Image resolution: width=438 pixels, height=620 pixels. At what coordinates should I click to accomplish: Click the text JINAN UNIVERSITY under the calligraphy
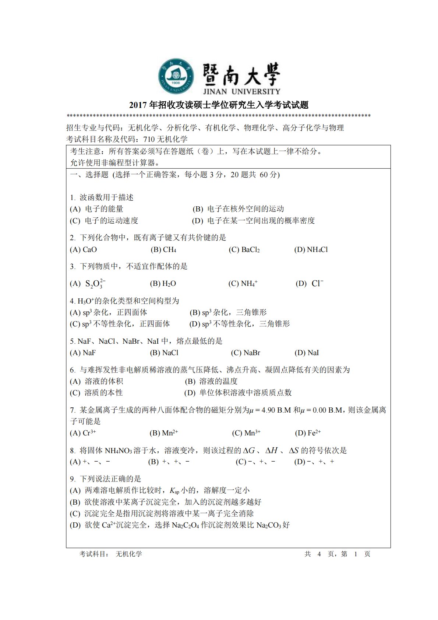click(241, 91)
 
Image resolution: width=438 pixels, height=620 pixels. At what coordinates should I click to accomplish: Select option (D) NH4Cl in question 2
click(311, 249)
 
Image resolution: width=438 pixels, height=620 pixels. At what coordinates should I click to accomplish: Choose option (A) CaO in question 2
click(84, 249)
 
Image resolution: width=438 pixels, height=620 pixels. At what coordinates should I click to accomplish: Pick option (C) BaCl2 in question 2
click(244, 249)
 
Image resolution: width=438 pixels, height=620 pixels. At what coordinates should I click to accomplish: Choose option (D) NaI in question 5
click(307, 353)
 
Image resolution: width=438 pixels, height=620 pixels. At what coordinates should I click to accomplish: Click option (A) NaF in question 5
click(83, 353)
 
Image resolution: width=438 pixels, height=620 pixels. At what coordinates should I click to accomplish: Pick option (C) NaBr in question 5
click(246, 353)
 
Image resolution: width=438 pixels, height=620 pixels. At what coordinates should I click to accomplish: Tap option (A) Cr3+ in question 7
click(83, 433)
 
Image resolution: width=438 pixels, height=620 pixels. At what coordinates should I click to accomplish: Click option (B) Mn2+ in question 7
click(164, 433)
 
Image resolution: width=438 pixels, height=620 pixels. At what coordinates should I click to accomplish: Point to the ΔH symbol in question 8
click(271, 450)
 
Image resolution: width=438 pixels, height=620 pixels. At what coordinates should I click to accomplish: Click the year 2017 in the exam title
click(138, 105)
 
